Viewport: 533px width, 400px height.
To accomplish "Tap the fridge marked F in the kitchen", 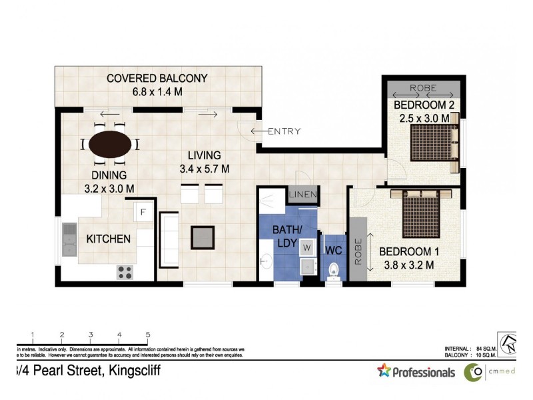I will pyautogui.click(x=143, y=213).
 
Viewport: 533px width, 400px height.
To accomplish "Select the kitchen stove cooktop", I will pyautogui.click(x=125, y=271).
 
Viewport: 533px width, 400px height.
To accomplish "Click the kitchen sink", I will pyautogui.click(x=70, y=239).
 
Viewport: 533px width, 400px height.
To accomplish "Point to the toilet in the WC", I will pyautogui.click(x=334, y=270).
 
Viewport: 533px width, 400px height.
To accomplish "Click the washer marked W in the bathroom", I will pyautogui.click(x=307, y=248).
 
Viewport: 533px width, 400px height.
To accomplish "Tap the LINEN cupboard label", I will pyautogui.click(x=304, y=195).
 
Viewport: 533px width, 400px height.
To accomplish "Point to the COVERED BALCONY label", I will pyautogui.click(x=157, y=79).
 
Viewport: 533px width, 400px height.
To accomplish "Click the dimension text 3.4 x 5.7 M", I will pyautogui.click(x=205, y=169).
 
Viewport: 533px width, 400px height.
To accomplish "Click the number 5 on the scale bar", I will pyautogui.click(x=148, y=335).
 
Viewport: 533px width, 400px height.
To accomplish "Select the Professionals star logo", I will pyautogui.click(x=384, y=371).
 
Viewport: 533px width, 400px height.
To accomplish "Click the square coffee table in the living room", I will pyautogui.click(x=203, y=236).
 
